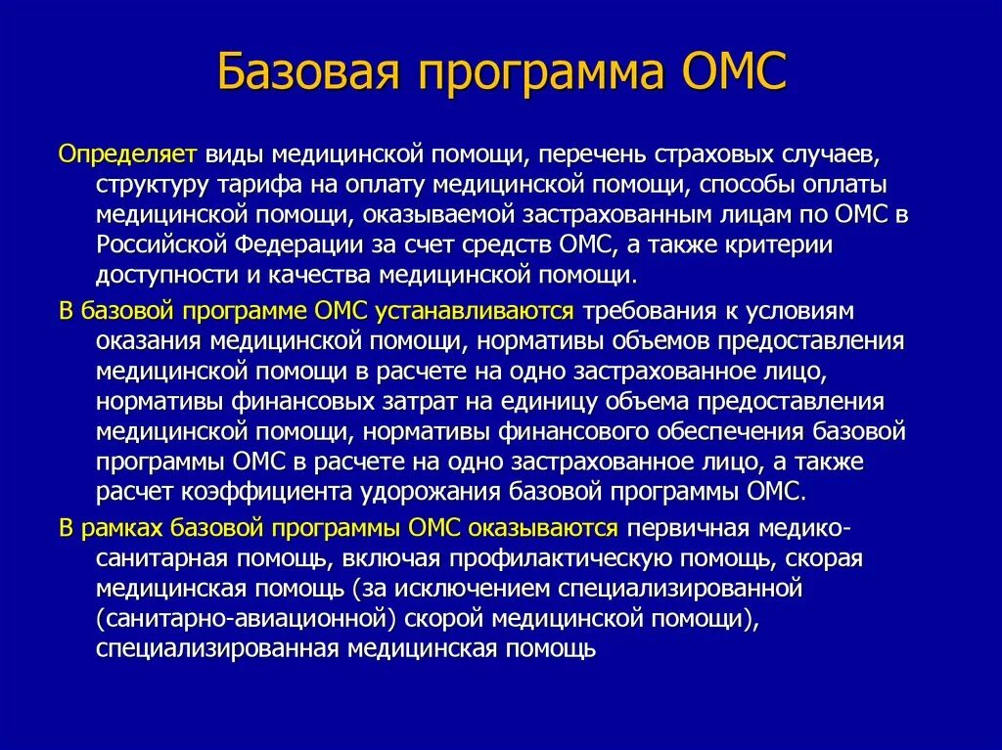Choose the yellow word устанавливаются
pyautogui.click(x=473, y=311)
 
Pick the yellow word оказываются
pyautogui.click(x=543, y=528)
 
